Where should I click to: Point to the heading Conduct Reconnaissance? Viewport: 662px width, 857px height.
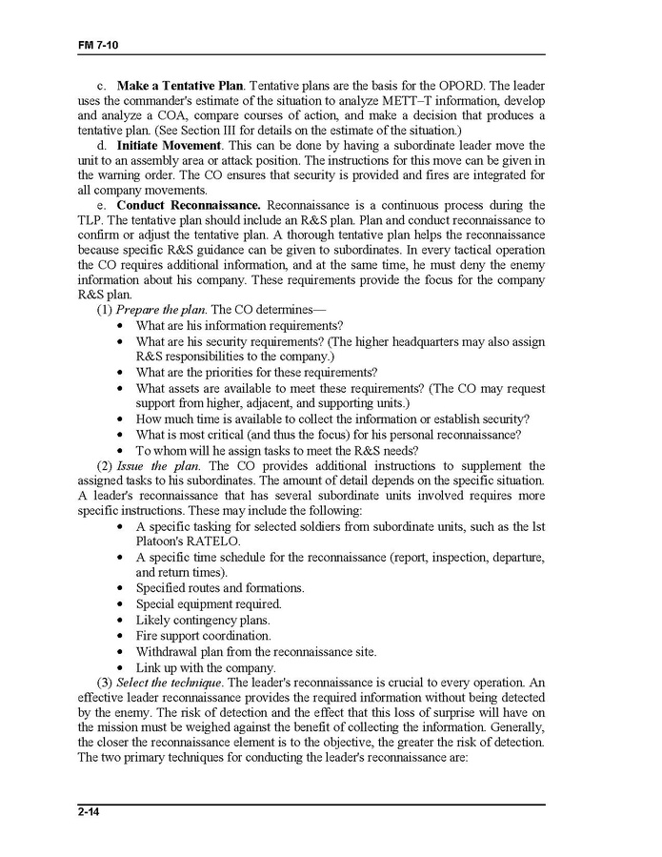click(x=189, y=205)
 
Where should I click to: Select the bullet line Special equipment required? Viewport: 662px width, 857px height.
click(x=209, y=604)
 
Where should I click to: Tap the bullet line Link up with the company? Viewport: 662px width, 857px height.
click(x=206, y=667)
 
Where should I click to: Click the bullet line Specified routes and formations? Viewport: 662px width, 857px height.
click(x=220, y=588)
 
